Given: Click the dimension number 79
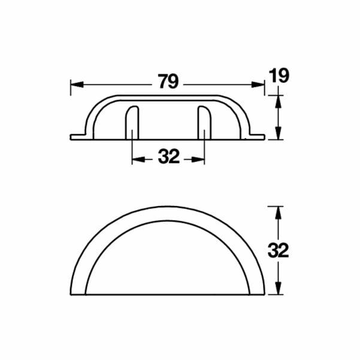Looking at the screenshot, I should (x=169, y=81).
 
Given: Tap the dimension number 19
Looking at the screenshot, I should (x=279, y=76).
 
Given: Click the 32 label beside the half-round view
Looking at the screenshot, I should (x=279, y=250).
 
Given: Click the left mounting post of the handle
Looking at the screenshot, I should (x=132, y=123).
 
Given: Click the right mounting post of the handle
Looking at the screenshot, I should (x=204, y=123).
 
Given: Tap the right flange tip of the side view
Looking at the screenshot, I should (x=262, y=137).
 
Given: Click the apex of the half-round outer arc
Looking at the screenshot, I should (x=168, y=208).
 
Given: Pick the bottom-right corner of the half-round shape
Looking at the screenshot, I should (x=264, y=294).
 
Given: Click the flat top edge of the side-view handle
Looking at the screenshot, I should (x=168, y=95).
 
